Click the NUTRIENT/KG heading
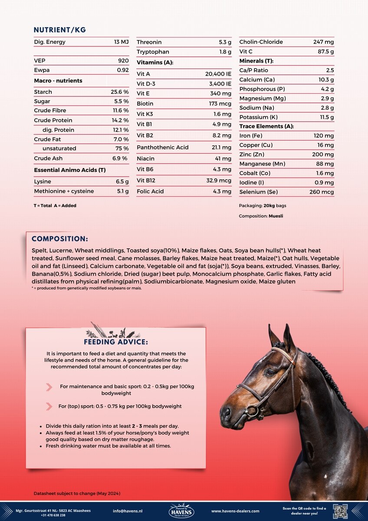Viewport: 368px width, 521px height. (x=60, y=30)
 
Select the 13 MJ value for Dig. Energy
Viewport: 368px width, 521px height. (x=122, y=42)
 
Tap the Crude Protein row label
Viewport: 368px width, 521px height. (x=53, y=120)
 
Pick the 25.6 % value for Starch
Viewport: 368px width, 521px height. (x=120, y=92)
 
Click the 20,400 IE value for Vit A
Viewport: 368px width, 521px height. (x=218, y=74)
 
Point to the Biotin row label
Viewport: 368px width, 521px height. (x=145, y=104)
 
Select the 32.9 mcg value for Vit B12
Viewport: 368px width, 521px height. (x=219, y=181)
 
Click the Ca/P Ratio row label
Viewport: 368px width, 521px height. (x=254, y=70)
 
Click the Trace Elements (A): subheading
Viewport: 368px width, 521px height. (x=266, y=126)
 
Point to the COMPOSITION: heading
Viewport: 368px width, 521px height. (x=60, y=239)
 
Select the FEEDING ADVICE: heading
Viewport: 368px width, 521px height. (x=116, y=342)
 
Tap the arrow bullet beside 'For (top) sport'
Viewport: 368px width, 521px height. (x=49, y=406)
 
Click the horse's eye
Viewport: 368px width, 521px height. (x=271, y=372)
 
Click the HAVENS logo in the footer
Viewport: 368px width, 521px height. (x=181, y=511)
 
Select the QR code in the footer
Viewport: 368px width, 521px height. (x=340, y=511)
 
